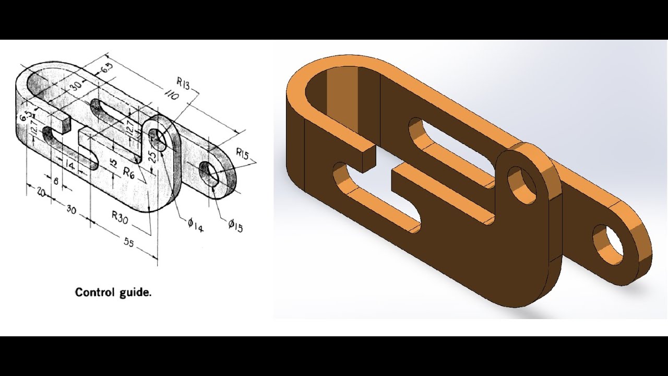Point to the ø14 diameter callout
pos(196,225)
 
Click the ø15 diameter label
pos(235,226)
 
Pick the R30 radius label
pos(120,217)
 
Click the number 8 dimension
pos(56,181)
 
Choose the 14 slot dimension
pos(70,165)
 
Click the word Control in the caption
pos(94,292)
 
